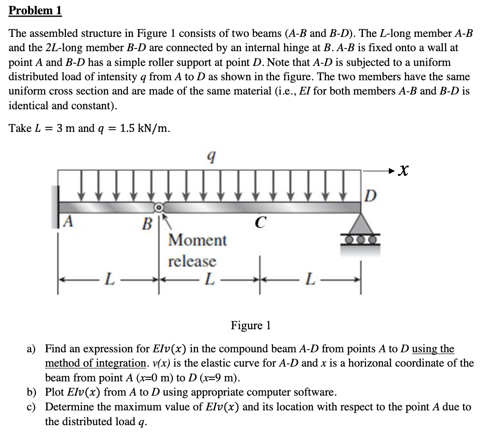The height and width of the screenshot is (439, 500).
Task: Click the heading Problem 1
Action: (x=36, y=11)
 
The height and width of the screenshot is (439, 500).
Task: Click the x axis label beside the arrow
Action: (x=405, y=172)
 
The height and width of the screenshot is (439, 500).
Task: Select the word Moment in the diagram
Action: (x=197, y=240)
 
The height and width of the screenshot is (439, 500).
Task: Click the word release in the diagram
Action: (x=192, y=261)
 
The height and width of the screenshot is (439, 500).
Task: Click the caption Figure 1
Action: (x=250, y=326)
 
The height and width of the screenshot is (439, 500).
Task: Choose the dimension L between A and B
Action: (x=107, y=279)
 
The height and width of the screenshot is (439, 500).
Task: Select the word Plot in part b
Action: (x=54, y=392)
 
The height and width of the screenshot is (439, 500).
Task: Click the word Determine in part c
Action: (x=68, y=407)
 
